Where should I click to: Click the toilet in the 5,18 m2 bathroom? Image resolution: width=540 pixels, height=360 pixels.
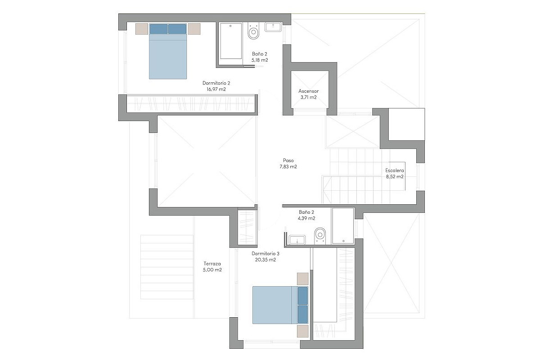(x=253, y=31)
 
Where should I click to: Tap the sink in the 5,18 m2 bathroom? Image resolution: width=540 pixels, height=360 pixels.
(x=273, y=27)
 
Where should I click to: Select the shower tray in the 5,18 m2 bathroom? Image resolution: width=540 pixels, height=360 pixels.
(x=231, y=41)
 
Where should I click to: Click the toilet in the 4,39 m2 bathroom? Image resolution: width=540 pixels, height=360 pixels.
(x=320, y=236)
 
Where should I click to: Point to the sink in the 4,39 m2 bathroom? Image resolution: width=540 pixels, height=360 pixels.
(x=297, y=240)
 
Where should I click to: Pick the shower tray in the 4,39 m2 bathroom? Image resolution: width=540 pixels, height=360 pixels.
(x=343, y=226)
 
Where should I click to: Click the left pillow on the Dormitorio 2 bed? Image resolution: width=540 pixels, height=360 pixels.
(x=158, y=29)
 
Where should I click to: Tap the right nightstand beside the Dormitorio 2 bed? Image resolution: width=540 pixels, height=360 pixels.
(x=194, y=29)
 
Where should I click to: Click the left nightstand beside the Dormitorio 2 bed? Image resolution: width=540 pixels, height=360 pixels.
(x=141, y=29)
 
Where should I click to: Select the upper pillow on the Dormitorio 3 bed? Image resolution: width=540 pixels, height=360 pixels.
(x=302, y=296)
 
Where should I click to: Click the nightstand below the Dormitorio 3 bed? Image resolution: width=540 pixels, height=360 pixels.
(x=302, y=331)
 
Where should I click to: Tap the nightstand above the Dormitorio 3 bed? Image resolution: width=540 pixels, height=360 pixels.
(x=302, y=279)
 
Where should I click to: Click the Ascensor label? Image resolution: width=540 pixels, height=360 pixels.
(x=308, y=91)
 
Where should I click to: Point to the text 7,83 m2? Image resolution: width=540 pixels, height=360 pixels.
(x=288, y=166)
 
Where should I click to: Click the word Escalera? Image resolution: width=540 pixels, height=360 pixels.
(x=394, y=171)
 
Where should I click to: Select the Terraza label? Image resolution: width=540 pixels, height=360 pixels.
(x=212, y=264)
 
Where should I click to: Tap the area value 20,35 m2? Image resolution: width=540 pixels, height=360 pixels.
(x=265, y=260)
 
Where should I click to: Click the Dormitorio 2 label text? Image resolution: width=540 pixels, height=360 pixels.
(x=216, y=83)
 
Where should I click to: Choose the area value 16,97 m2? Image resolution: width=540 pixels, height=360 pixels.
(x=216, y=89)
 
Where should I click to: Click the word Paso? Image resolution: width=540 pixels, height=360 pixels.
(x=288, y=160)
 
